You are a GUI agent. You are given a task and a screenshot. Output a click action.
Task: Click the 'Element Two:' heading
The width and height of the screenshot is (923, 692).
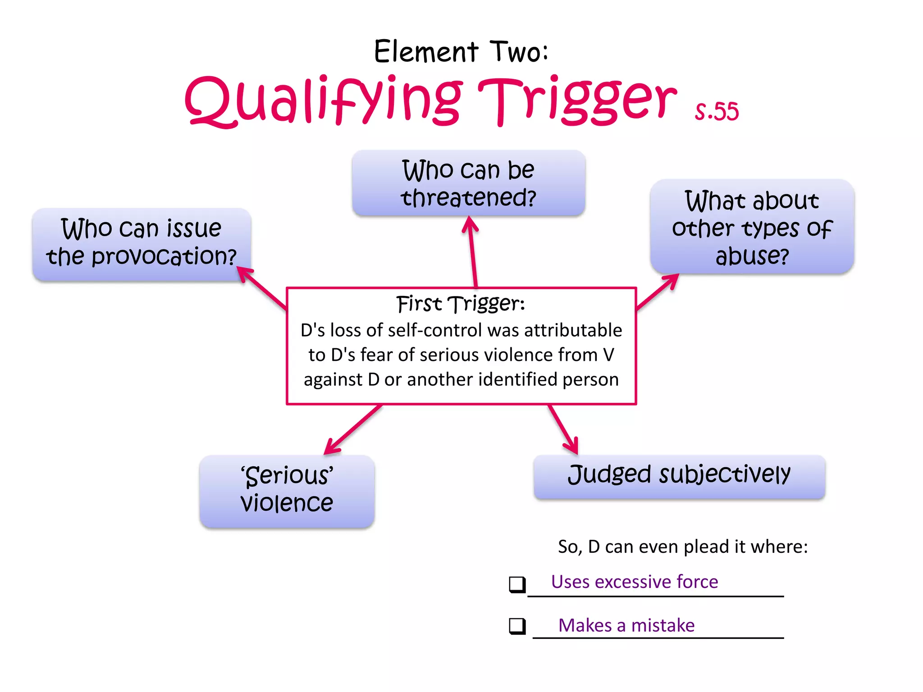[461, 51]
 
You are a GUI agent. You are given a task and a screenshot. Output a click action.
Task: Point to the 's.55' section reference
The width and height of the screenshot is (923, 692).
[716, 111]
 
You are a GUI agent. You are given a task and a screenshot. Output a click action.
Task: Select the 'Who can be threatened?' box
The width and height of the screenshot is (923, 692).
[468, 183]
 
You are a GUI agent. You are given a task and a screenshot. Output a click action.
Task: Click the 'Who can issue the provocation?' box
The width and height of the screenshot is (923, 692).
[142, 244]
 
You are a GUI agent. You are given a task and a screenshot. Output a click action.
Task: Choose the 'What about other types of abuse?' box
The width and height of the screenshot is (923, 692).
[752, 227]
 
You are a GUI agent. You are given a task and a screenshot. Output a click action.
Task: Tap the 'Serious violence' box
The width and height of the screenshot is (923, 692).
[287, 490]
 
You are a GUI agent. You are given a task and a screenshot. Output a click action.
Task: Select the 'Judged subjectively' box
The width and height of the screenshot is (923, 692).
[679, 476]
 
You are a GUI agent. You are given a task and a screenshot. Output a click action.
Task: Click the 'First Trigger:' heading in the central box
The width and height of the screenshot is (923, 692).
[461, 304]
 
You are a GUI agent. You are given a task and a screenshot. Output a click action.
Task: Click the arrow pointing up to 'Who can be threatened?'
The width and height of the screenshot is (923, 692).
[472, 252]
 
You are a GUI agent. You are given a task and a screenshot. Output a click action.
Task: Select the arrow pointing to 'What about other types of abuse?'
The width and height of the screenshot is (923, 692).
[658, 292]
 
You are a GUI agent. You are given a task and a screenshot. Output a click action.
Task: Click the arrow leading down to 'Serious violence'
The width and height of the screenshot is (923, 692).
[353, 429]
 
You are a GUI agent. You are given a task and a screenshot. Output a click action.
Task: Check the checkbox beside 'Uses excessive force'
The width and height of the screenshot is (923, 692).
[517, 584]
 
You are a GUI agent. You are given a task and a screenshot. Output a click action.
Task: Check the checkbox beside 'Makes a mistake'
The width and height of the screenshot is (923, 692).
[517, 626]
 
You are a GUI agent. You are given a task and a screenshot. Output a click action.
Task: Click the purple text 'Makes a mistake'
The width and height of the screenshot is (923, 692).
[626, 625]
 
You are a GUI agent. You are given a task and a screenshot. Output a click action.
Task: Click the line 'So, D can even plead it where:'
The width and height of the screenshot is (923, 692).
[682, 546]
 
